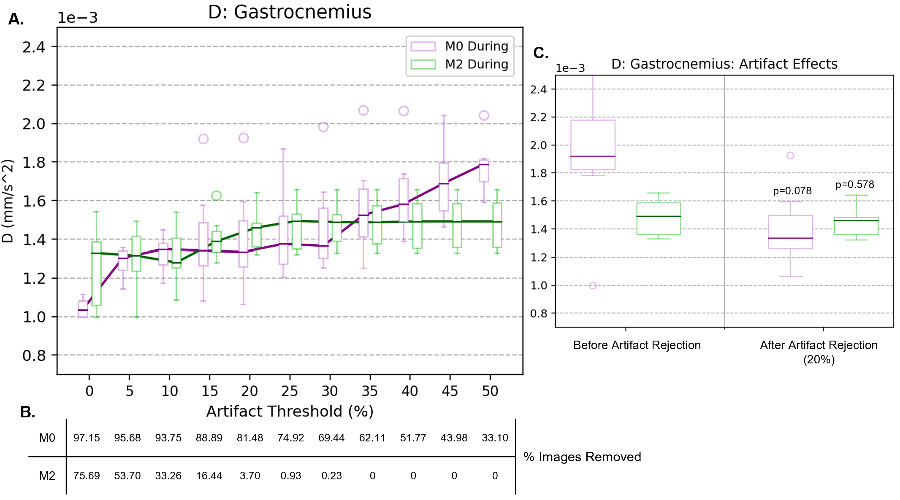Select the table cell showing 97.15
point(87,438)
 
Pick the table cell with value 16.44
point(209,476)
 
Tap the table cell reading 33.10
point(495,438)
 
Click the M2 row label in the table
point(47,476)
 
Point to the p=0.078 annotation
point(792,191)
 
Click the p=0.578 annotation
point(854,185)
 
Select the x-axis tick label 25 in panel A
point(290,391)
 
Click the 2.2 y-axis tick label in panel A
point(34,86)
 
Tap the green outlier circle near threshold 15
point(216,196)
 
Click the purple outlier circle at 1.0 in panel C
point(593,285)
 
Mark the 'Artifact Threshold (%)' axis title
point(290,411)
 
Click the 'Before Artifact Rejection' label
point(637,345)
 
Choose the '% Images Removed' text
point(582,457)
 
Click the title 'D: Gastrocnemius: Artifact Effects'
point(724,64)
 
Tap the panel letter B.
point(27,412)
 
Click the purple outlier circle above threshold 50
point(484,116)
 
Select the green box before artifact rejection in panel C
point(659,218)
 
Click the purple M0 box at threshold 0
point(83,309)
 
